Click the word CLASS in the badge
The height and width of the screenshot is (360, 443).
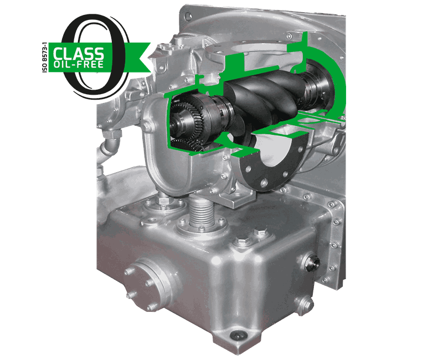pyautogui.click(x=79, y=53)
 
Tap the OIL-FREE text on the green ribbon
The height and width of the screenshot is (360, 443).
pyautogui.click(x=79, y=64)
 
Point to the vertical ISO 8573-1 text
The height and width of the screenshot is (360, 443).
pyautogui.click(x=44, y=58)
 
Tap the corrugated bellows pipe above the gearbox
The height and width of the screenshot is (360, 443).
pyautogui.click(x=203, y=213)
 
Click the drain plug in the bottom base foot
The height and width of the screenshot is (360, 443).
pyautogui.click(x=239, y=336)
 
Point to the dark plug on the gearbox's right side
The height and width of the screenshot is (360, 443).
pyautogui.click(x=312, y=262)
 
